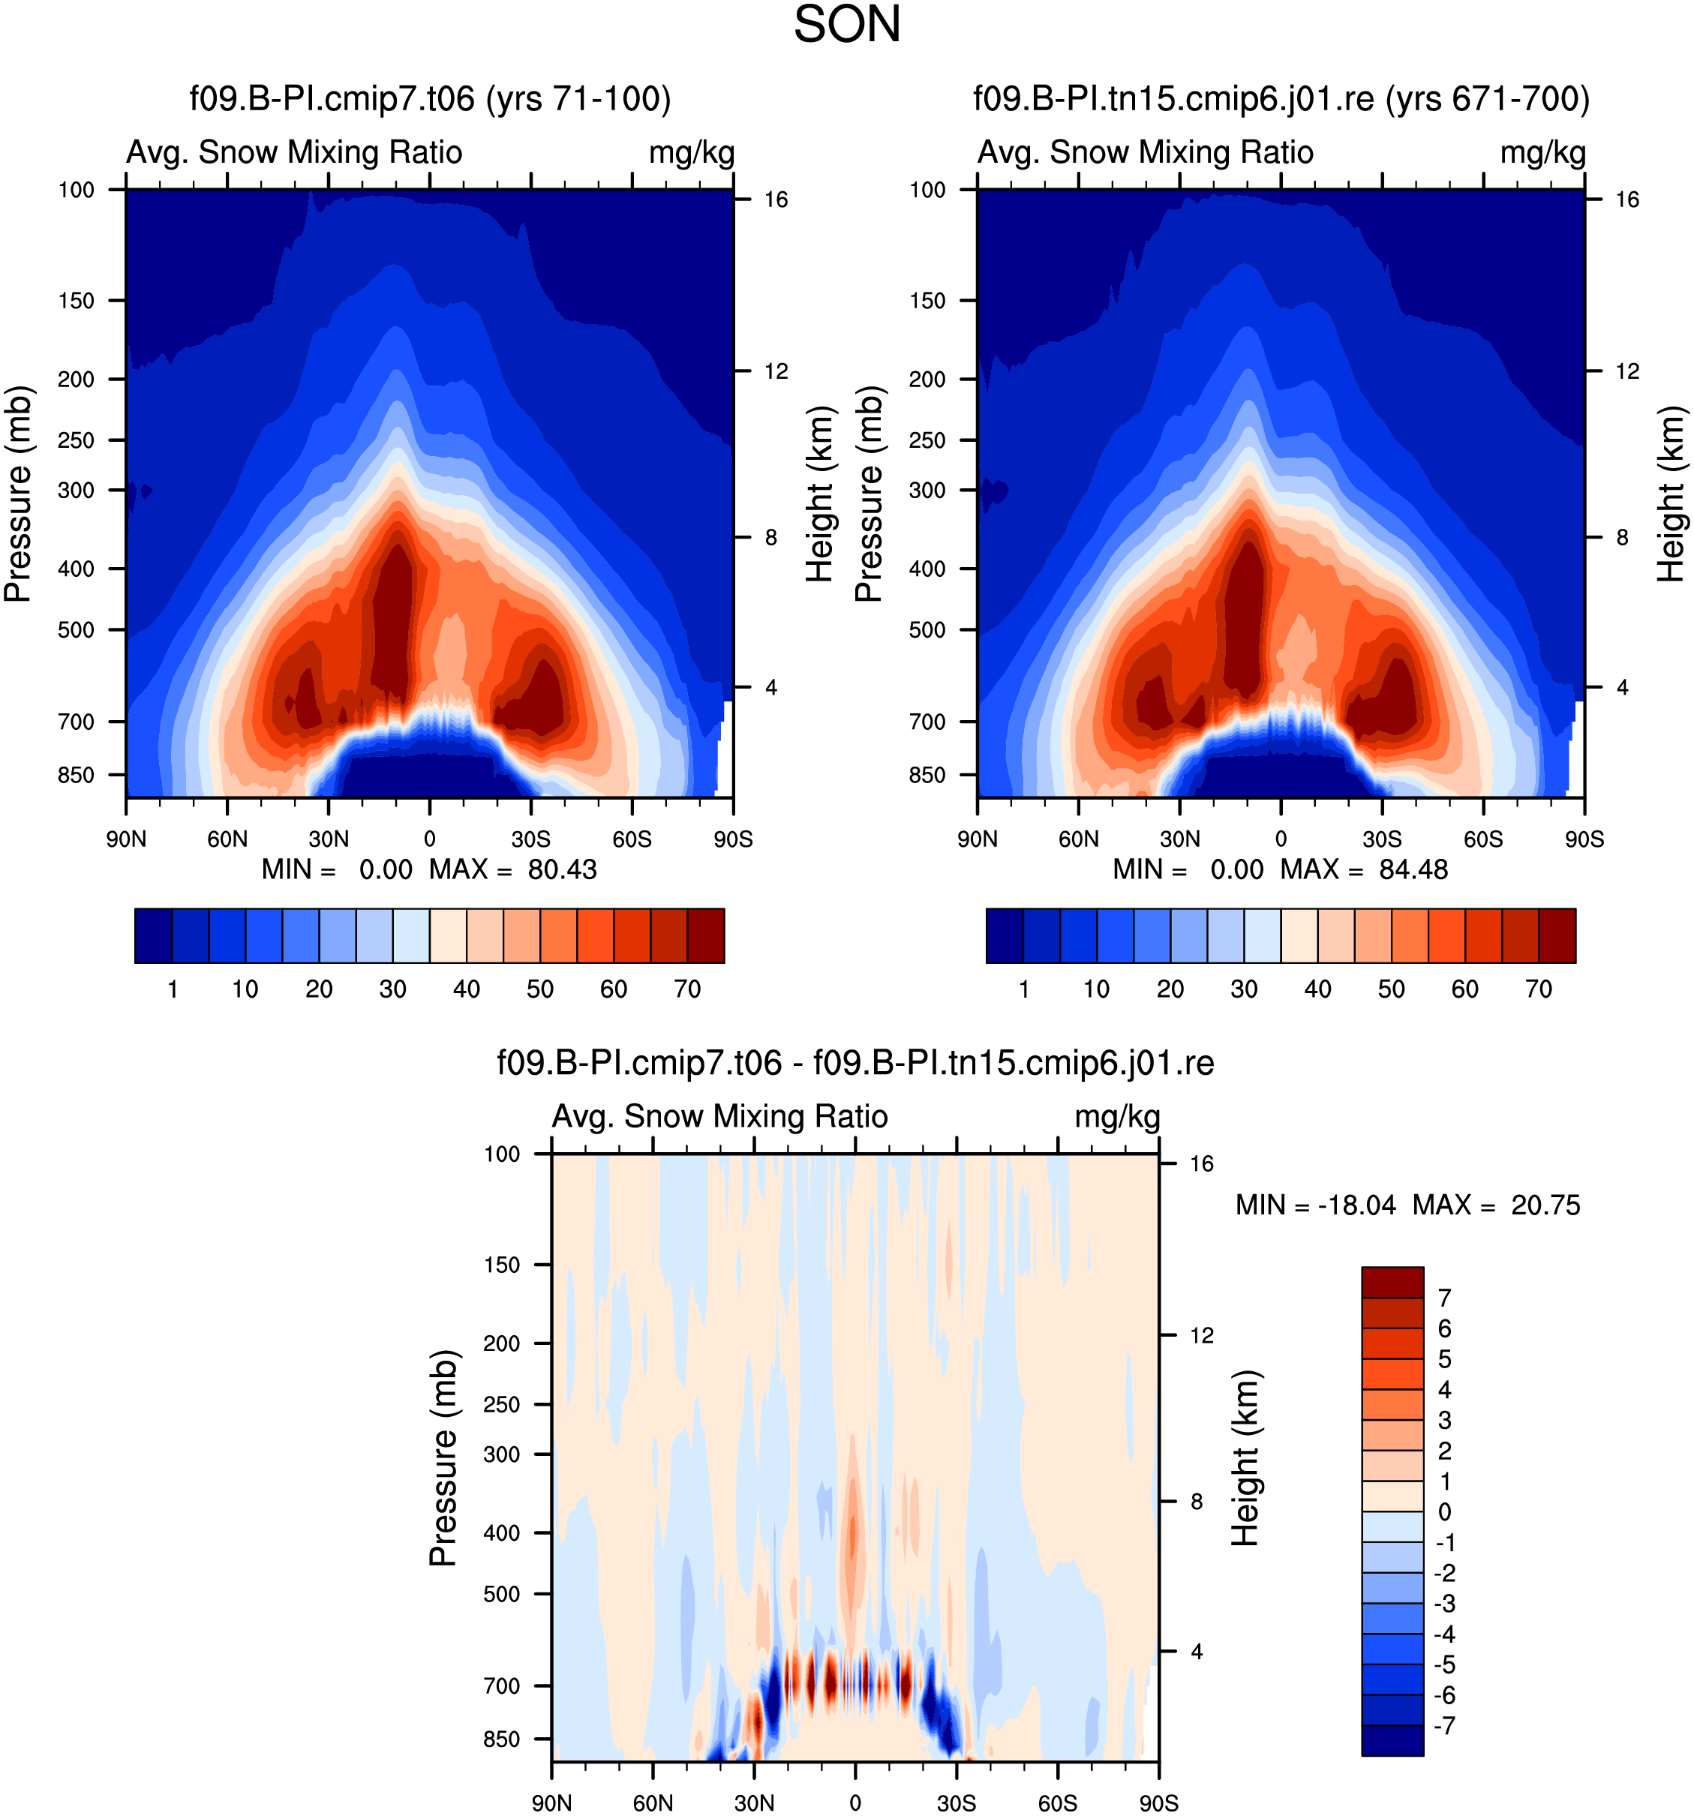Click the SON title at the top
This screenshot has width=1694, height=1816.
tap(846, 25)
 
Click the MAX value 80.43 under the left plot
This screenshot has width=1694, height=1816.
tap(562, 869)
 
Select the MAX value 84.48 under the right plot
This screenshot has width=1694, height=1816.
tap(1413, 869)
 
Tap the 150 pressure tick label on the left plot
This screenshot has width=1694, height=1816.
tap(76, 301)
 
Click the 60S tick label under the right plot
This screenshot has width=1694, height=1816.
tap(1483, 839)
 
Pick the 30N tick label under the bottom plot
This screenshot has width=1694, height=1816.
tap(754, 1802)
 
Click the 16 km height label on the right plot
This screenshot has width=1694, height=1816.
tap(1626, 199)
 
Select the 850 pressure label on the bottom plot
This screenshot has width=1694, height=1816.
tap(502, 1738)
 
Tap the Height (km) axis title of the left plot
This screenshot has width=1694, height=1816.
tap(821, 494)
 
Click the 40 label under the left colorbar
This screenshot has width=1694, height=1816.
tap(466, 989)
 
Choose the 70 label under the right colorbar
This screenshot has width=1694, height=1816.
tap(1539, 989)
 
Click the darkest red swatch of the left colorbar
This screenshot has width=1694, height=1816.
tap(705, 935)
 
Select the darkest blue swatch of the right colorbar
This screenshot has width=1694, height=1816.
tap(1004, 935)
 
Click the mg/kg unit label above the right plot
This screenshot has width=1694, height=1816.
tap(1542, 152)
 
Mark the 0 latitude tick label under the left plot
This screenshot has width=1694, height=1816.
tap(429, 839)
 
